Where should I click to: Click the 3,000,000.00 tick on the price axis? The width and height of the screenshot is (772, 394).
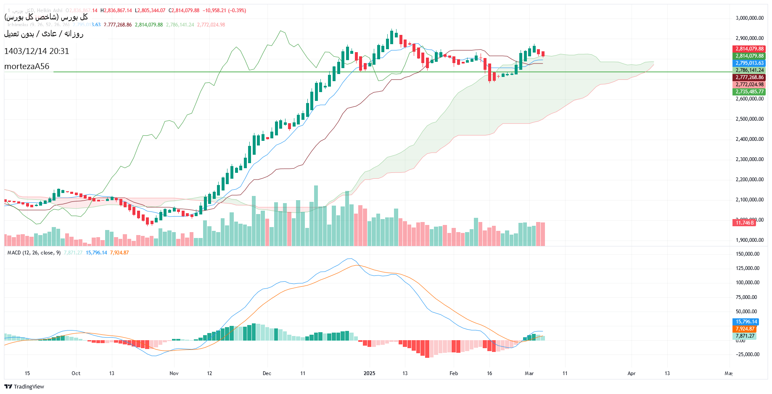(749, 18)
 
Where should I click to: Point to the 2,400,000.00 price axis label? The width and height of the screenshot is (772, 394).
(749, 139)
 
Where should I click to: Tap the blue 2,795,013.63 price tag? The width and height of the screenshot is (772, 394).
(749, 63)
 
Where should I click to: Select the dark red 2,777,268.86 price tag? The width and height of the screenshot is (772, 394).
(749, 77)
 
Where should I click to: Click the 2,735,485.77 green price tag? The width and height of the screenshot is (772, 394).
(749, 92)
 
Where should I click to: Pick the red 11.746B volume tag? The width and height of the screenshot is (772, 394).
(744, 222)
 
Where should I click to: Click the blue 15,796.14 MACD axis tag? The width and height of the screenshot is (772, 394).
(746, 322)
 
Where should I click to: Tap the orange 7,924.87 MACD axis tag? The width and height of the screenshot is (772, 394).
(745, 329)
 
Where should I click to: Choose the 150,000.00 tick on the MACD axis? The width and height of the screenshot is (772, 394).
(748, 254)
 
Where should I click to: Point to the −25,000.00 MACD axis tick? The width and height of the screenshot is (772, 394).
(747, 354)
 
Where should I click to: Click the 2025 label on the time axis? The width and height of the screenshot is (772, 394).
(369, 373)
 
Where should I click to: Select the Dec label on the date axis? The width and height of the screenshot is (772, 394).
(267, 373)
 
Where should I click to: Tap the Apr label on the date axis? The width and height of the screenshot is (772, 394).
(631, 373)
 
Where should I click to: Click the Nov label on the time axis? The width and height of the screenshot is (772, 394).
(174, 373)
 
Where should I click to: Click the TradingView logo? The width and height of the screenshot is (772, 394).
(24, 386)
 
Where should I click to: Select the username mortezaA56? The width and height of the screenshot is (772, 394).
(26, 66)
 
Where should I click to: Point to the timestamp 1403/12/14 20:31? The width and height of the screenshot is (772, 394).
(37, 51)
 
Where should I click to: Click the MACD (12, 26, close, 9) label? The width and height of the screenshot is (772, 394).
(34, 253)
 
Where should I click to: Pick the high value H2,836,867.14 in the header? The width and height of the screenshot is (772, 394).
(116, 11)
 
